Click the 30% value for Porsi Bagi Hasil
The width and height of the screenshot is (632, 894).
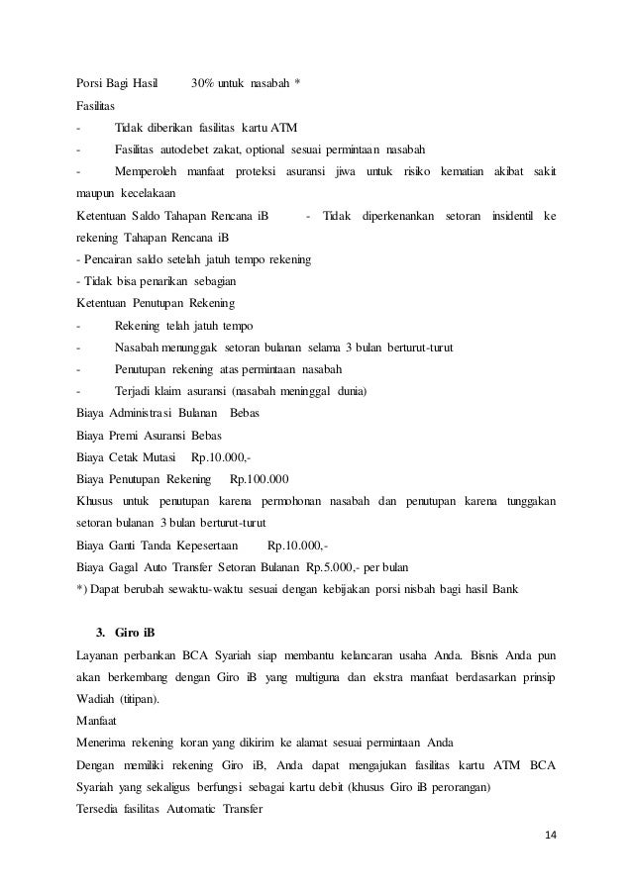pos(203,80)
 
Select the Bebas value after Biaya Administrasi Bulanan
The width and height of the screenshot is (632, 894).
pos(244,414)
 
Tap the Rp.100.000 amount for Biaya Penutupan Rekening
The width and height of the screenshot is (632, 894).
pos(259,480)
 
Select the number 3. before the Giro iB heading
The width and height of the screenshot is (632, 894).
pos(100,634)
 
